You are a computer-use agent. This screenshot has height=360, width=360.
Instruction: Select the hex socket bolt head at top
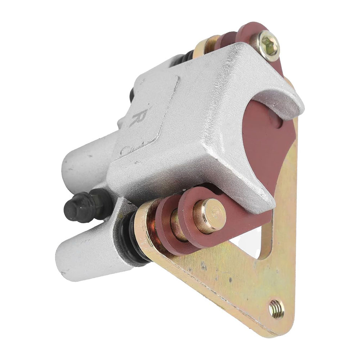pyautogui.click(x=269, y=46)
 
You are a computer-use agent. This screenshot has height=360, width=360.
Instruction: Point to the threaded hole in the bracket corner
pyautogui.click(x=276, y=309)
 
